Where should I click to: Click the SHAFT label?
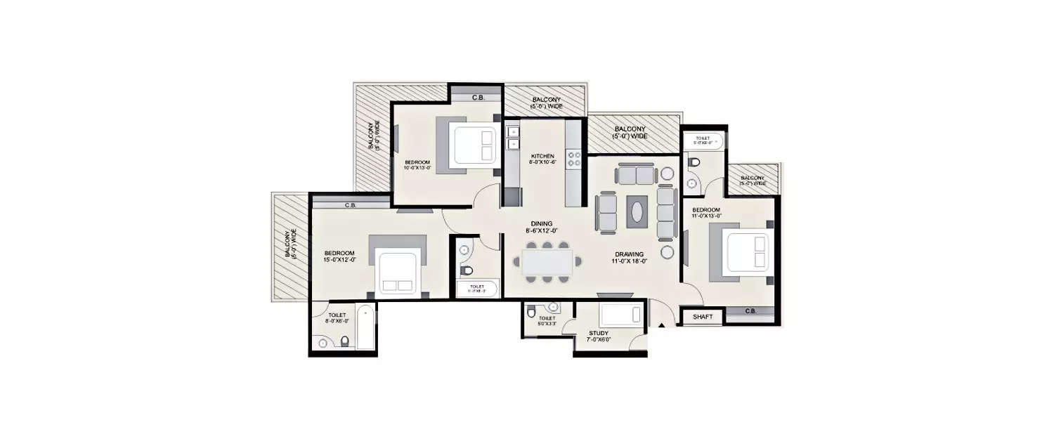pyautogui.click(x=703, y=317)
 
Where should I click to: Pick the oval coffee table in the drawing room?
pyautogui.click(x=637, y=211)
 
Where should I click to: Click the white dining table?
pyautogui.click(x=548, y=261)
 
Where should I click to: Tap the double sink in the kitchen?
pyautogui.click(x=513, y=138)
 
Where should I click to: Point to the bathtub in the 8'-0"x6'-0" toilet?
pyautogui.click(x=365, y=327)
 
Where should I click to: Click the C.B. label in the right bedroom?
pyautogui.click(x=750, y=311)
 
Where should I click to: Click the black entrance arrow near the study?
pyautogui.click(x=661, y=325)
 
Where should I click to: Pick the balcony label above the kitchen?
pyautogui.click(x=545, y=103)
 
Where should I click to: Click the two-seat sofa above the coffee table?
pyautogui.click(x=636, y=173)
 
